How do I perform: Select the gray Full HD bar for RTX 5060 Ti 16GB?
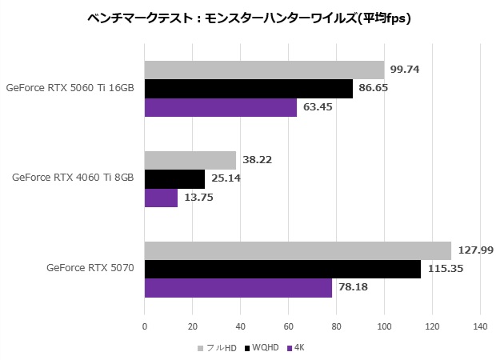[264, 70]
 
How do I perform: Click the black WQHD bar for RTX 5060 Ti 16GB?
[248, 88]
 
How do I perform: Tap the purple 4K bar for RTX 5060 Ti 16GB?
[220, 106]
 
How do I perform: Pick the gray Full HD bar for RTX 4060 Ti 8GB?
[190, 160]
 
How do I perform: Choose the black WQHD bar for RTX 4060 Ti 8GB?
[174, 178]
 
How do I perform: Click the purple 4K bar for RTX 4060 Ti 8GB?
[161, 197]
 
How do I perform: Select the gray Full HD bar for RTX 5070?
[298, 250]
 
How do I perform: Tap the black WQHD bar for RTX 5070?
[282, 269]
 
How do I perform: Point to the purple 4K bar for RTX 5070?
[238, 287]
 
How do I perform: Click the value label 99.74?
[404, 70]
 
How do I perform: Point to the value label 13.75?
[198, 197]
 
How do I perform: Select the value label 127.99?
[474, 250]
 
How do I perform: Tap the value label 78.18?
[351, 287]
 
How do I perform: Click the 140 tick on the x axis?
[480, 326]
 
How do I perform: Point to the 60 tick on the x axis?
[288, 326]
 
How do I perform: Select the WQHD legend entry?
[264, 347]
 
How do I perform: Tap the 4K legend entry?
[298, 347]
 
